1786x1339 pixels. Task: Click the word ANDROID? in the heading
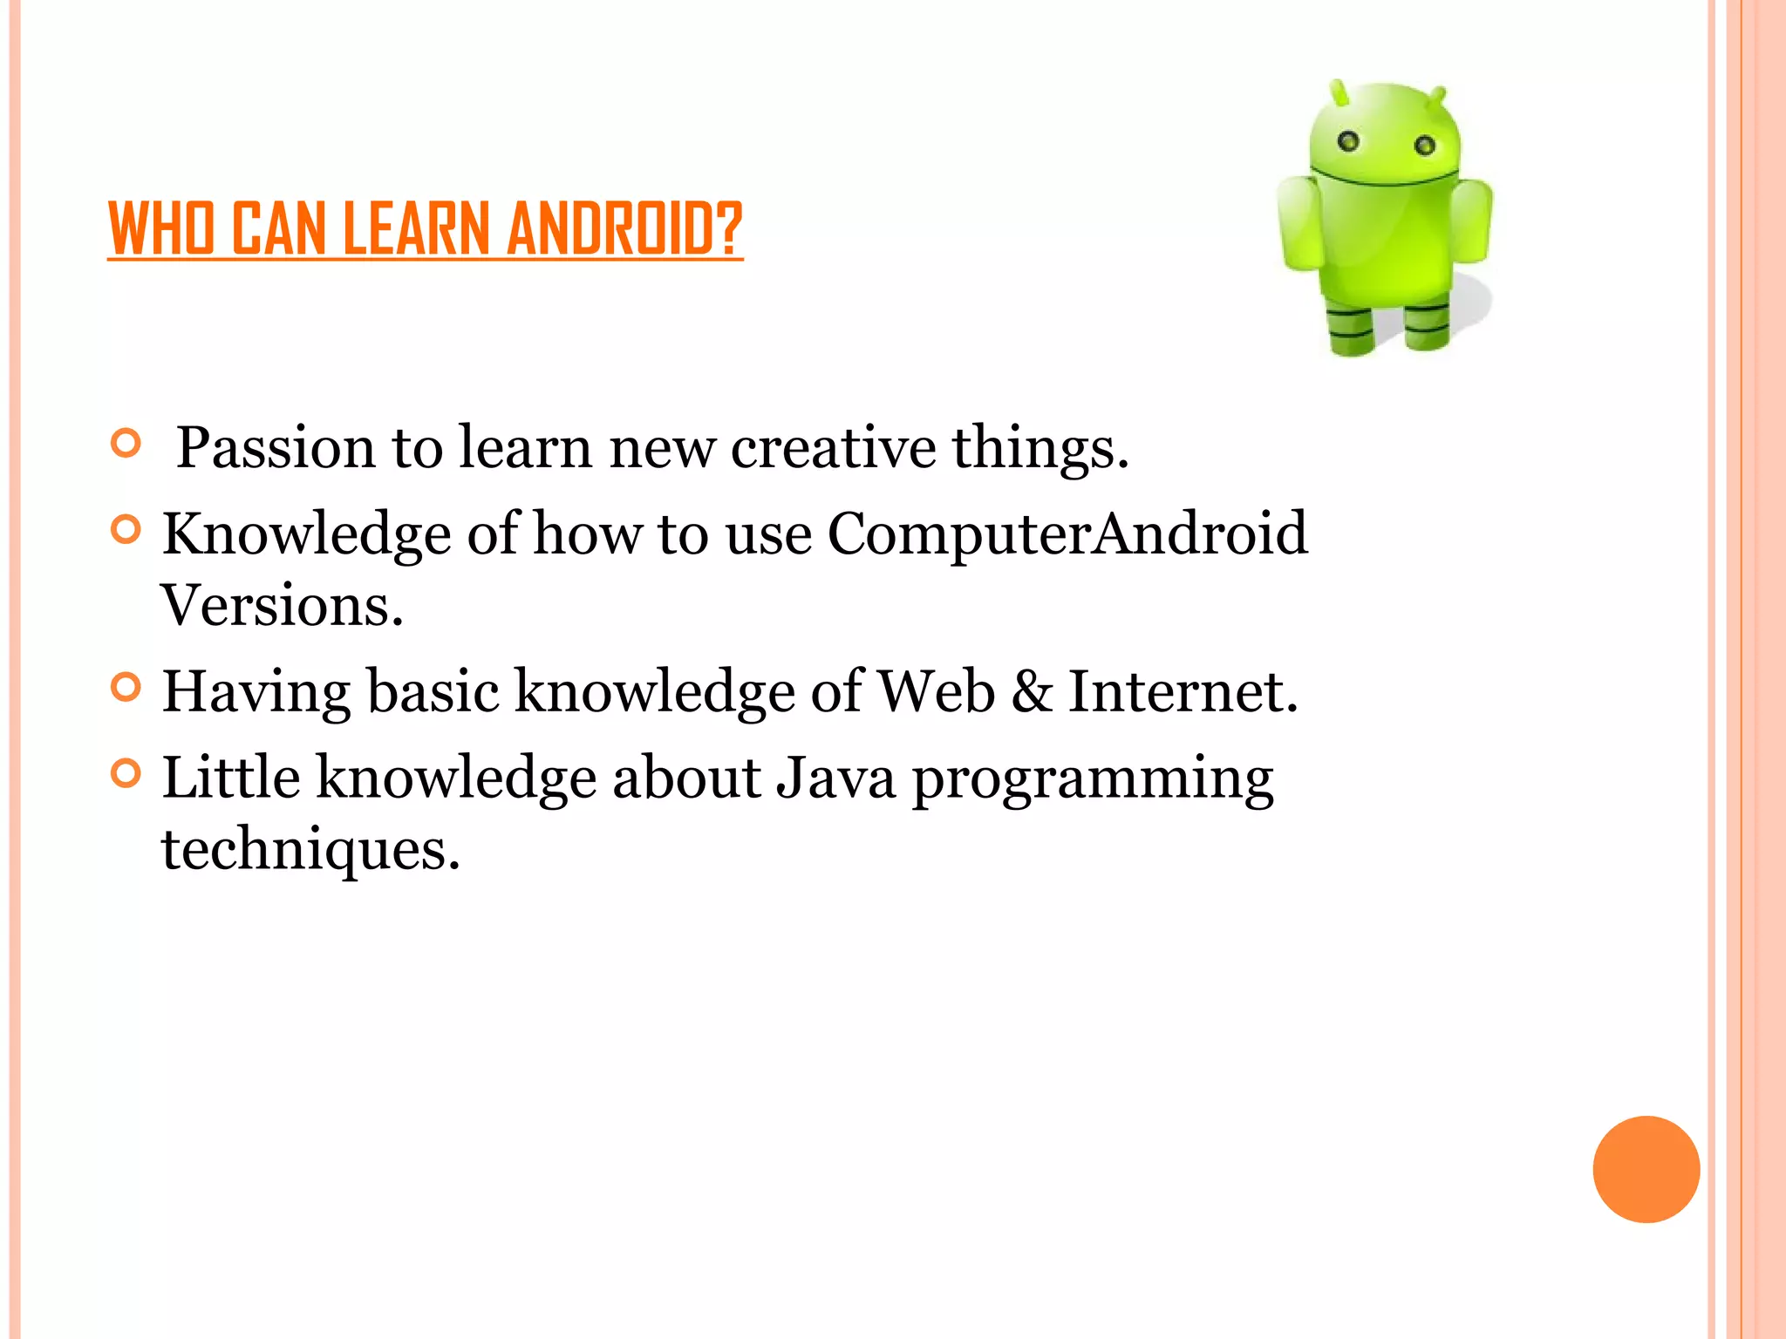[x=624, y=228]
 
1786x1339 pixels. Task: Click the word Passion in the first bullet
[x=276, y=448]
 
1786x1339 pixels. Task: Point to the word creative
[x=833, y=448]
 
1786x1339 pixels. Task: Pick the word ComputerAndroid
[x=1067, y=534]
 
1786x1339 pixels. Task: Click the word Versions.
[x=282, y=605]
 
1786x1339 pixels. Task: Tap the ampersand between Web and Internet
[x=1032, y=691]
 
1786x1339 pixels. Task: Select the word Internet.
[x=1183, y=691]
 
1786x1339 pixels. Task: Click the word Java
[x=835, y=778]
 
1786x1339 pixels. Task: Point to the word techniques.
[x=310, y=849]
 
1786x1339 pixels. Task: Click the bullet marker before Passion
[x=126, y=444]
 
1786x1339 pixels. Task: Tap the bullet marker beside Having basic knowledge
[x=126, y=688]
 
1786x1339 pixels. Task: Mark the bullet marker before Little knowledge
[x=126, y=773]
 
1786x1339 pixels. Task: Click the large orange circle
[x=1646, y=1169]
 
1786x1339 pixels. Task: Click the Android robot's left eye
[x=1348, y=140]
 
